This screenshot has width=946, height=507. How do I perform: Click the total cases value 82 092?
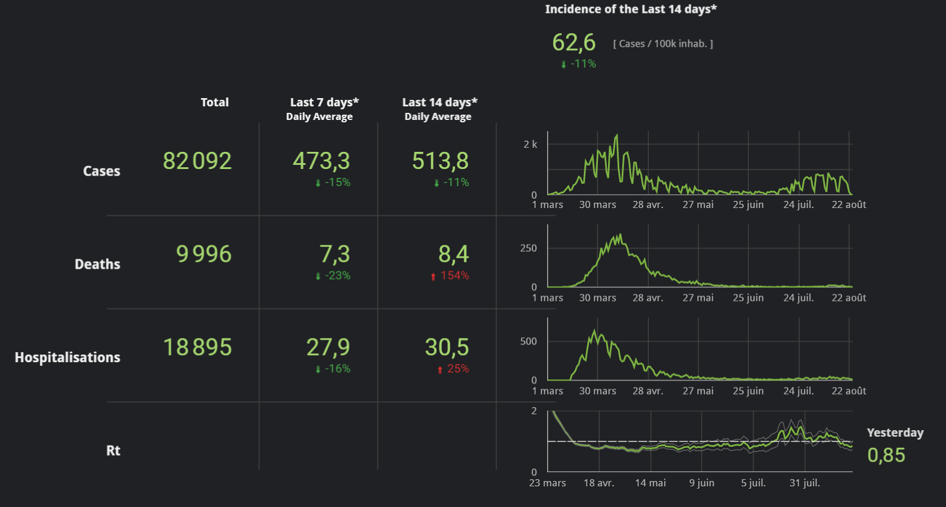coord(197,161)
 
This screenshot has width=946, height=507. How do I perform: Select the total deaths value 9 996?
coord(204,254)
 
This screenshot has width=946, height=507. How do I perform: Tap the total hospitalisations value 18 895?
coord(197,347)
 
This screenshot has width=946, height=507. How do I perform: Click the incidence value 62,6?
coord(574,43)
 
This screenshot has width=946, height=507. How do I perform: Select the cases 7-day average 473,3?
coord(321,161)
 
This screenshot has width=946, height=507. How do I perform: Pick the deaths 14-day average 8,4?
coord(453,254)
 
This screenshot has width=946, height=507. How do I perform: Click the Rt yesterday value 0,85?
coord(886,455)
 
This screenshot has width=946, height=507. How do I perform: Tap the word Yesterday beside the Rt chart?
coord(895,433)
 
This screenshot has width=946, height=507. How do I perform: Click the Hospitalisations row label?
coord(67,357)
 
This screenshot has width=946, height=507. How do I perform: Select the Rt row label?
coord(113,451)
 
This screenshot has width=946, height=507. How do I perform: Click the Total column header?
coord(214,102)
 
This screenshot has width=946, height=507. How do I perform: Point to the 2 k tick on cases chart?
coord(530,144)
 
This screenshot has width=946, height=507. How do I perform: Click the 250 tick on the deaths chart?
coord(528,248)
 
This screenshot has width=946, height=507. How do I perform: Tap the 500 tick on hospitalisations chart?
coord(528,342)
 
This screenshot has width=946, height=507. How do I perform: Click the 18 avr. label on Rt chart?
coord(599,483)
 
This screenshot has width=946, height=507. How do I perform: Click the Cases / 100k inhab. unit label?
coord(663,44)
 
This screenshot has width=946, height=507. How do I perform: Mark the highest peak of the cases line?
coord(617,135)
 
